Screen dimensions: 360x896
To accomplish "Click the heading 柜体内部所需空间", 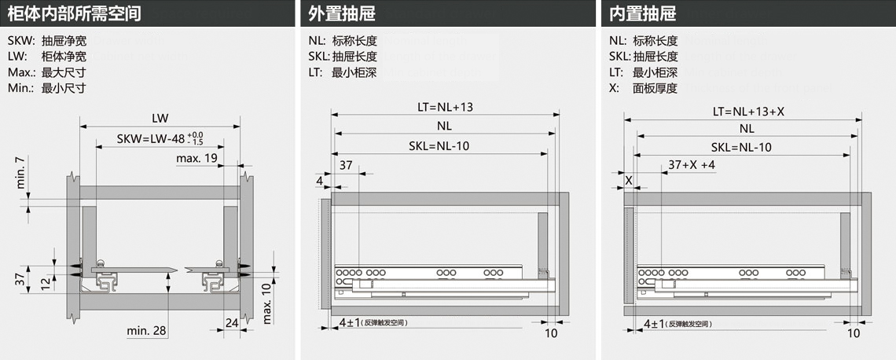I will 74,13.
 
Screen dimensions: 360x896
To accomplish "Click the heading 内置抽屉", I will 642,13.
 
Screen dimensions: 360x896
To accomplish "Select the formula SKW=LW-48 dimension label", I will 149,139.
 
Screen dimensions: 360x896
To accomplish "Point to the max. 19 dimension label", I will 196,158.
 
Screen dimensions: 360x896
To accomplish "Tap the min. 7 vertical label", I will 21,173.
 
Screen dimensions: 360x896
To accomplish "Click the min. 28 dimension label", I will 146,331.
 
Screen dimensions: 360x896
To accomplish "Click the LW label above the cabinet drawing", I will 160,118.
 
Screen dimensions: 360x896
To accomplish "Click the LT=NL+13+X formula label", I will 747,111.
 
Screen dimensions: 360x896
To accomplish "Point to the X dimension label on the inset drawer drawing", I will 628,180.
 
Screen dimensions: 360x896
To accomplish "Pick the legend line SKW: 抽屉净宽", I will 46,41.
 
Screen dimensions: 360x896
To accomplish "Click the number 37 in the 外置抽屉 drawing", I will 346,165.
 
